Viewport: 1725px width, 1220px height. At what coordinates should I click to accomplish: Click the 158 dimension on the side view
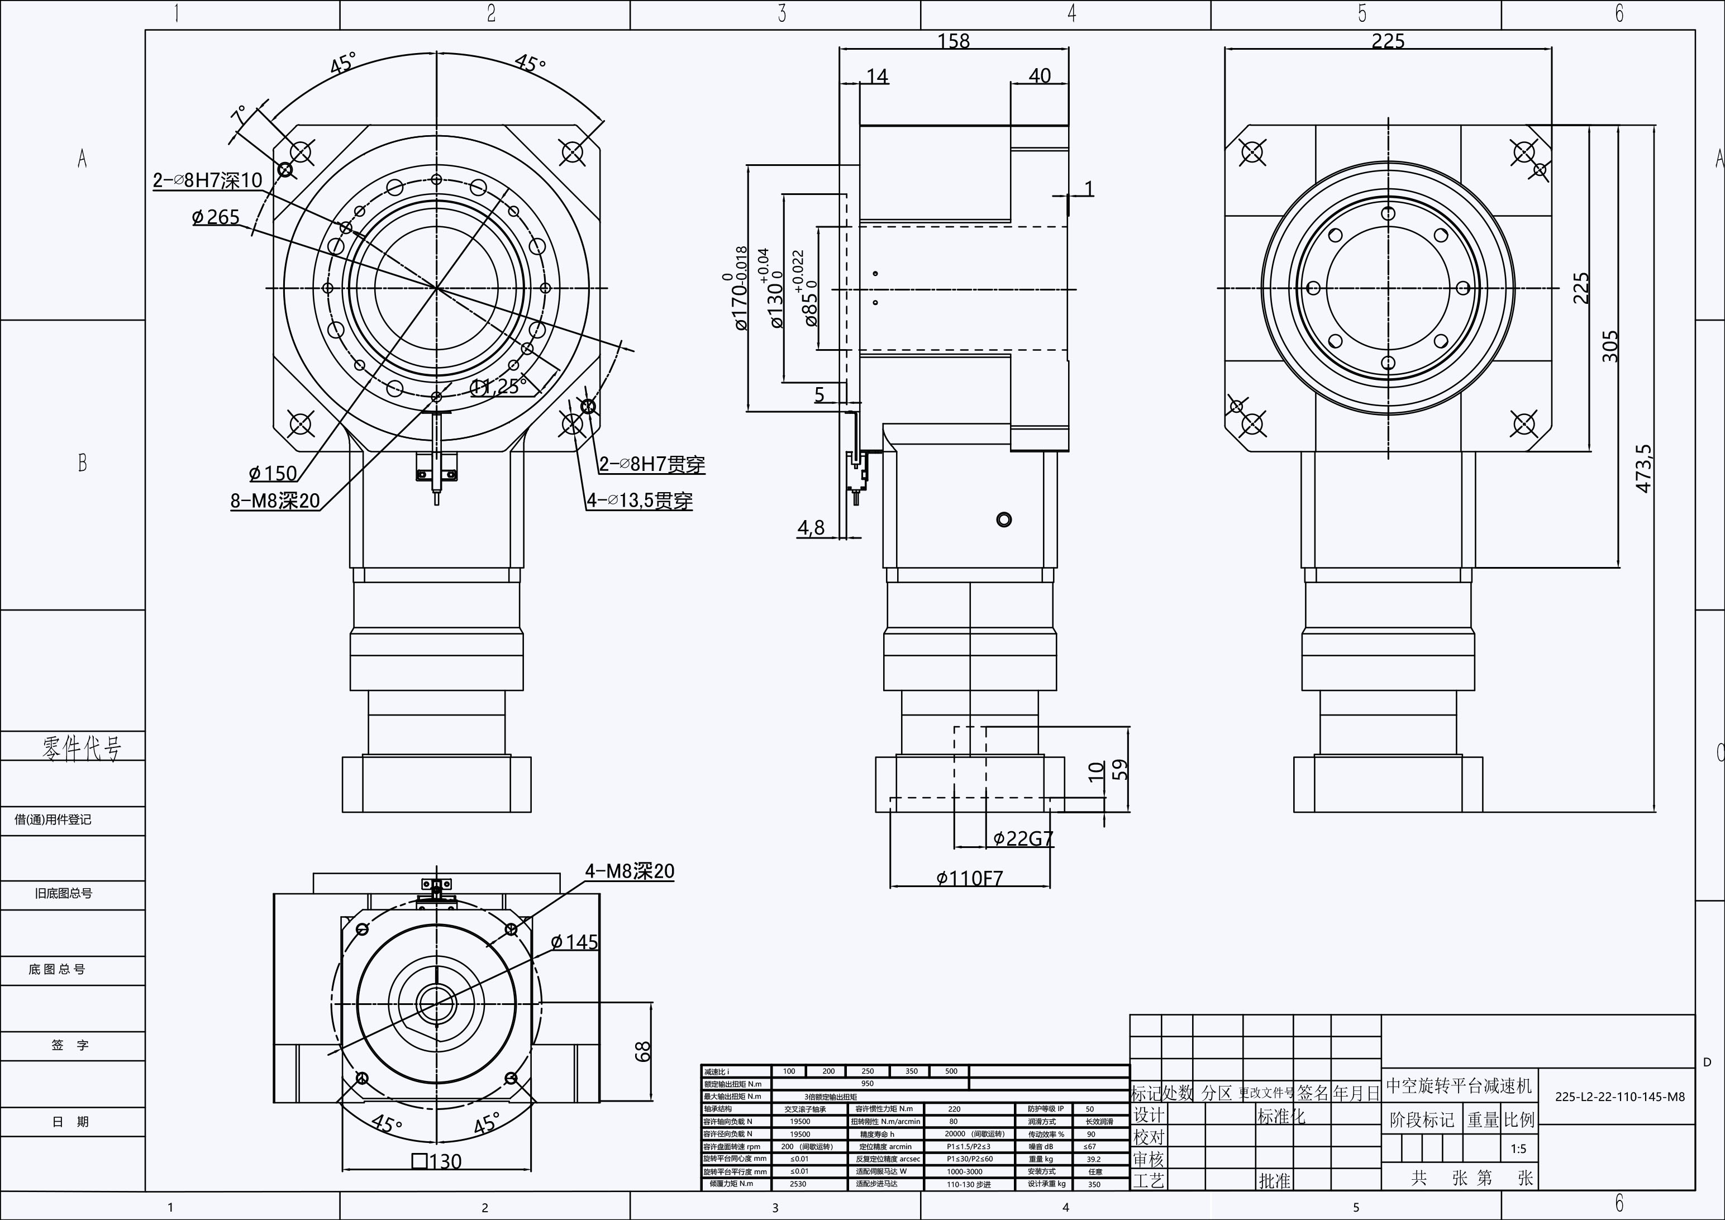tap(954, 41)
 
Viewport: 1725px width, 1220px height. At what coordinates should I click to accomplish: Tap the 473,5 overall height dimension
tap(1644, 468)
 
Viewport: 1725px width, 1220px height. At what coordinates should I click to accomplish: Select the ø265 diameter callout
tap(216, 217)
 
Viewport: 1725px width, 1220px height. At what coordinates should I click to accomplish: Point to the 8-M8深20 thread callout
tap(275, 501)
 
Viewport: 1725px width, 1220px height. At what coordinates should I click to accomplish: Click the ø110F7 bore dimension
tap(969, 878)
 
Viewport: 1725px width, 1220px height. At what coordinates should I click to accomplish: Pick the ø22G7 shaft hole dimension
tap(1023, 838)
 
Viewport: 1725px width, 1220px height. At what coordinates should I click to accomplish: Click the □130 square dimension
tap(436, 1161)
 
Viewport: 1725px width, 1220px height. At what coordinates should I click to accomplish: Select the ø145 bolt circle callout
tap(574, 942)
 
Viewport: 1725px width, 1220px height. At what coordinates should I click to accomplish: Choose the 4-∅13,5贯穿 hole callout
tap(640, 501)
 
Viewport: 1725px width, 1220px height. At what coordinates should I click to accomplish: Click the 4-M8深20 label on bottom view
tap(630, 871)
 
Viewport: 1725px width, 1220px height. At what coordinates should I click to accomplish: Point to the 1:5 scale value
tap(1518, 1148)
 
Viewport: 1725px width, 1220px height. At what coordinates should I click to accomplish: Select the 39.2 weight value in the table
tap(1093, 1159)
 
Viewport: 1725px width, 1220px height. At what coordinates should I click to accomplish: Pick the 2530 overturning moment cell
tap(798, 1184)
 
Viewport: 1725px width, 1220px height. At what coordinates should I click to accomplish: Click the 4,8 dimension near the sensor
tap(811, 528)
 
